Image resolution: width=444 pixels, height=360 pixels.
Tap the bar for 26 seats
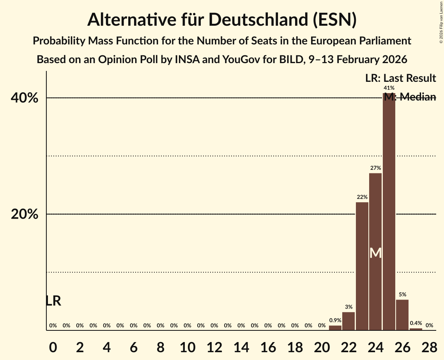click(x=402, y=315)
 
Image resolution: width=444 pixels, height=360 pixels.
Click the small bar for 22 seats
click(x=348, y=321)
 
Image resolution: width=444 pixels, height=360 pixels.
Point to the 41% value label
click(x=389, y=88)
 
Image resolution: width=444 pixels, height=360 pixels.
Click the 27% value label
click(x=375, y=168)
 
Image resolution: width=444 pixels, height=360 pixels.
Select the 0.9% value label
click(x=335, y=320)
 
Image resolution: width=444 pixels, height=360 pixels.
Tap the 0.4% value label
click(x=416, y=323)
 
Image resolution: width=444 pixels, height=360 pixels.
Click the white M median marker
click(x=375, y=253)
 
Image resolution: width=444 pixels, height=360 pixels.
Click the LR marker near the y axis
click(x=53, y=301)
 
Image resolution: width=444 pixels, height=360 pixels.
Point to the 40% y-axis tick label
click(x=25, y=98)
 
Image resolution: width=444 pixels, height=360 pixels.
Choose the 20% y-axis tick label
click(x=25, y=214)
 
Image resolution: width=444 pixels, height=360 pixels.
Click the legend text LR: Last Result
click(x=400, y=78)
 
